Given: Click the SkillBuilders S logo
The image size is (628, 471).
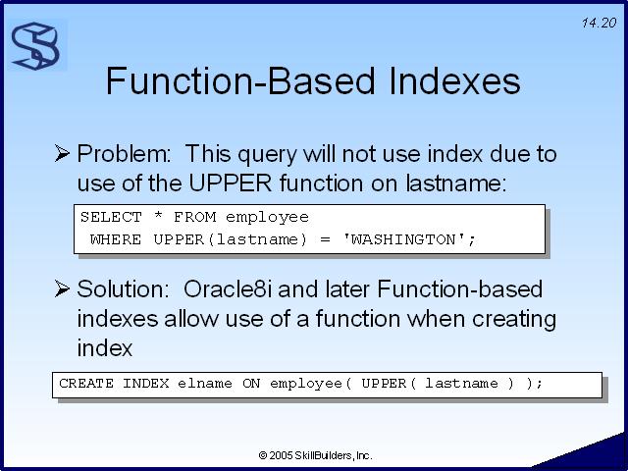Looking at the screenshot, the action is tap(36, 46).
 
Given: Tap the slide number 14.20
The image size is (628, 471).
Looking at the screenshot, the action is tap(599, 24).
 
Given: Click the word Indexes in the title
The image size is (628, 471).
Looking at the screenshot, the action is tap(454, 80).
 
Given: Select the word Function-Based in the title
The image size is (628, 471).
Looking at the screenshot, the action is tap(240, 80).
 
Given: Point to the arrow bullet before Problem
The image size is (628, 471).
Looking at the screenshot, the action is tap(62, 153).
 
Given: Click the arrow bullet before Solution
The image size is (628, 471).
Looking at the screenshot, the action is tap(62, 288).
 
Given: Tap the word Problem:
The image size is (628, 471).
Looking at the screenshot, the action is tap(125, 154).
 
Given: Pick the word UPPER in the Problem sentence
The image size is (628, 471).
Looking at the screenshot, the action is tap(231, 183).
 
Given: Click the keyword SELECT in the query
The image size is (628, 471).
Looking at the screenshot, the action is tap(111, 217).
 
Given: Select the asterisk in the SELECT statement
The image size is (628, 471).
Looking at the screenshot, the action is tap(158, 216).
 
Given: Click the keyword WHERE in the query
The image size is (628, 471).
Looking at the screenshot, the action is tap(116, 239).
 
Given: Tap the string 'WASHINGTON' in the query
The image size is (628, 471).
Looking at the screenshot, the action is tap(404, 239).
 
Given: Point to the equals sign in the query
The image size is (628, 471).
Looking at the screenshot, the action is tap(325, 239).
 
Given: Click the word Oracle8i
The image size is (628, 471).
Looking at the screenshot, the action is tap(227, 289).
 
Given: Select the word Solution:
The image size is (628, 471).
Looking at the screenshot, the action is tap(124, 289).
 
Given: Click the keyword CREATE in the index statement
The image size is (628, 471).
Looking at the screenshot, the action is tap(86, 384).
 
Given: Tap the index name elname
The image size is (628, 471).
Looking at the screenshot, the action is tap(205, 384).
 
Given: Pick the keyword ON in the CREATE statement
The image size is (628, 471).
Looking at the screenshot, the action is tap(251, 384).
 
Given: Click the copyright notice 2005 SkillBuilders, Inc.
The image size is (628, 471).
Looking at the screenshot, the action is tap(316, 455).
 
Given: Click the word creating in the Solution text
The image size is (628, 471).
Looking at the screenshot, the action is tap(514, 320).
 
